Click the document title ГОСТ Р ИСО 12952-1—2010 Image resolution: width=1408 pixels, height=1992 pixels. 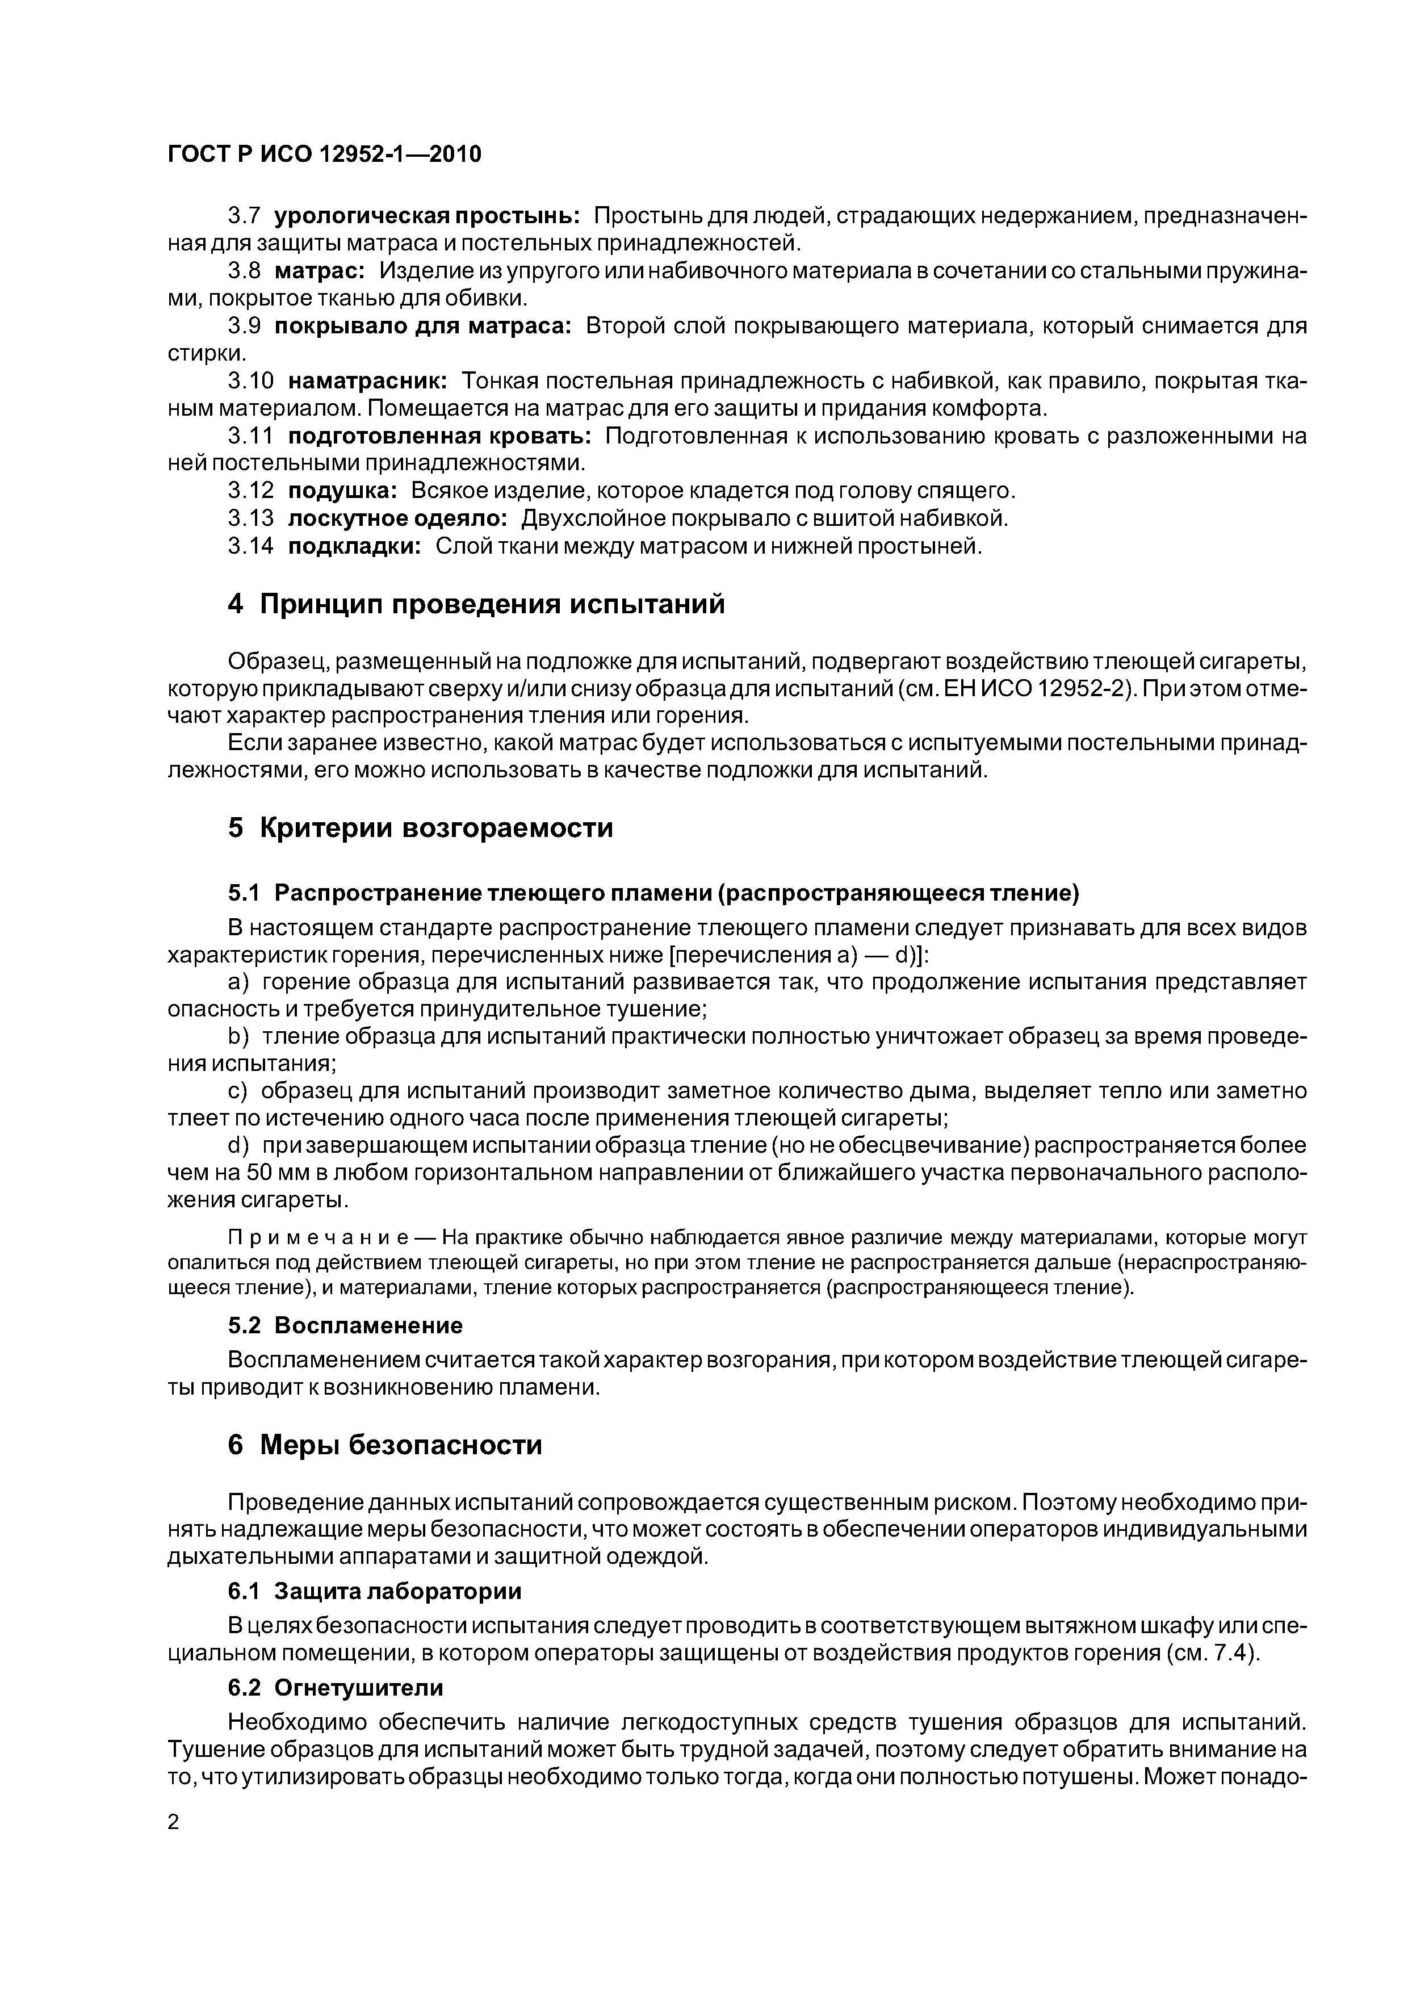(324, 154)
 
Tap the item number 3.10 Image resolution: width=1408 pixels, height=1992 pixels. (251, 381)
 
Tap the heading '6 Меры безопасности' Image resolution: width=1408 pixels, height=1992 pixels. (385, 1445)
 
